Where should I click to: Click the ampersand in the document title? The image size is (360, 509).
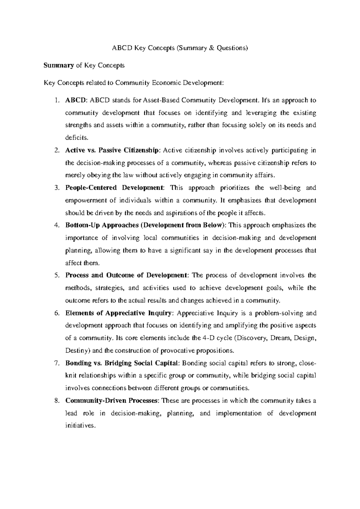tap(212, 48)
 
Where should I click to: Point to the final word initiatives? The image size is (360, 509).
tap(80, 426)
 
